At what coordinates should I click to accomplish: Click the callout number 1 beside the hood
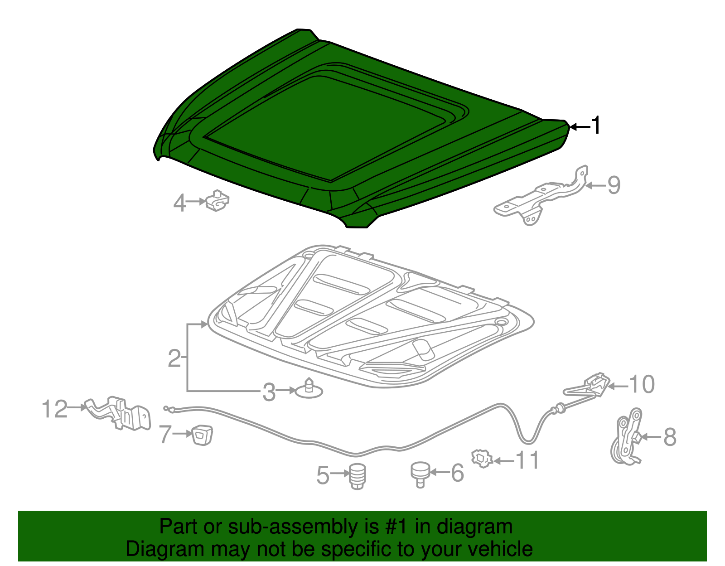point(596,126)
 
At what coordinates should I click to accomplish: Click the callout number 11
point(527,460)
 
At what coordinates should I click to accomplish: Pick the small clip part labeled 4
point(217,201)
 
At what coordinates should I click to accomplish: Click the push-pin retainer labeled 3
point(309,388)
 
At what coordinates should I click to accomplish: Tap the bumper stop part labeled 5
point(358,476)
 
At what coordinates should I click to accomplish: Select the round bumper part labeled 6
point(420,474)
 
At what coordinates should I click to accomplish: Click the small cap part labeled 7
point(202,435)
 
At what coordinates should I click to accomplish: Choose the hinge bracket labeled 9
point(541,197)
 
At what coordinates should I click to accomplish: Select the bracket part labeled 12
point(118,413)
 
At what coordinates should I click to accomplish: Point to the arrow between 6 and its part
point(439,472)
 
